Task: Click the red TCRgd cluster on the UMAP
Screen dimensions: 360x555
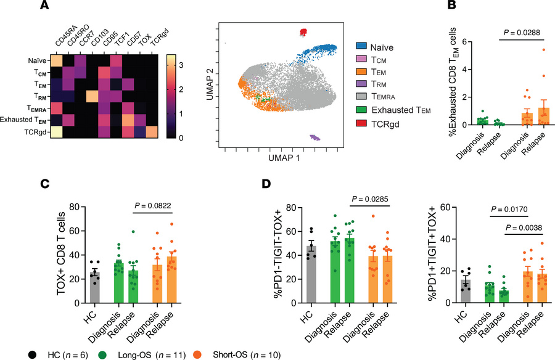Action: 303,31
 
